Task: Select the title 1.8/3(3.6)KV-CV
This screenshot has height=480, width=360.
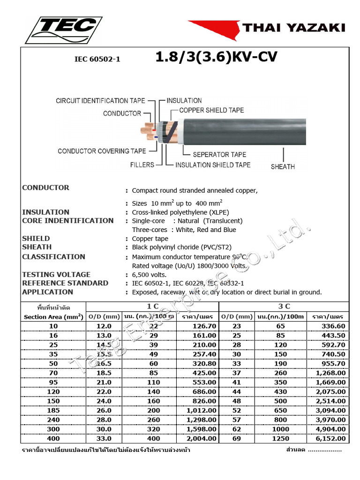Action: (216, 57)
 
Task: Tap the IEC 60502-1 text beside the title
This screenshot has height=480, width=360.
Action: (97, 60)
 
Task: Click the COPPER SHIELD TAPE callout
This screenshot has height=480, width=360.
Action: (211, 111)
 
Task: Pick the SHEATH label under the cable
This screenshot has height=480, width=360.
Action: (283, 166)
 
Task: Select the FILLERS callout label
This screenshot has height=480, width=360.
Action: (142, 165)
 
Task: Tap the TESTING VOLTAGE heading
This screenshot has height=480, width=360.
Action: (56, 275)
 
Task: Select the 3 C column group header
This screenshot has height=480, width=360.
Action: (284, 307)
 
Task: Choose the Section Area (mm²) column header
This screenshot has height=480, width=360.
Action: (53, 317)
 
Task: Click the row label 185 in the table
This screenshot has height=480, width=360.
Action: (53, 410)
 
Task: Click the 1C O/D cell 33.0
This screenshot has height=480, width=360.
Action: (104, 439)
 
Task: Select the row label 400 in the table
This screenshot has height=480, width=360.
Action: (53, 439)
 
